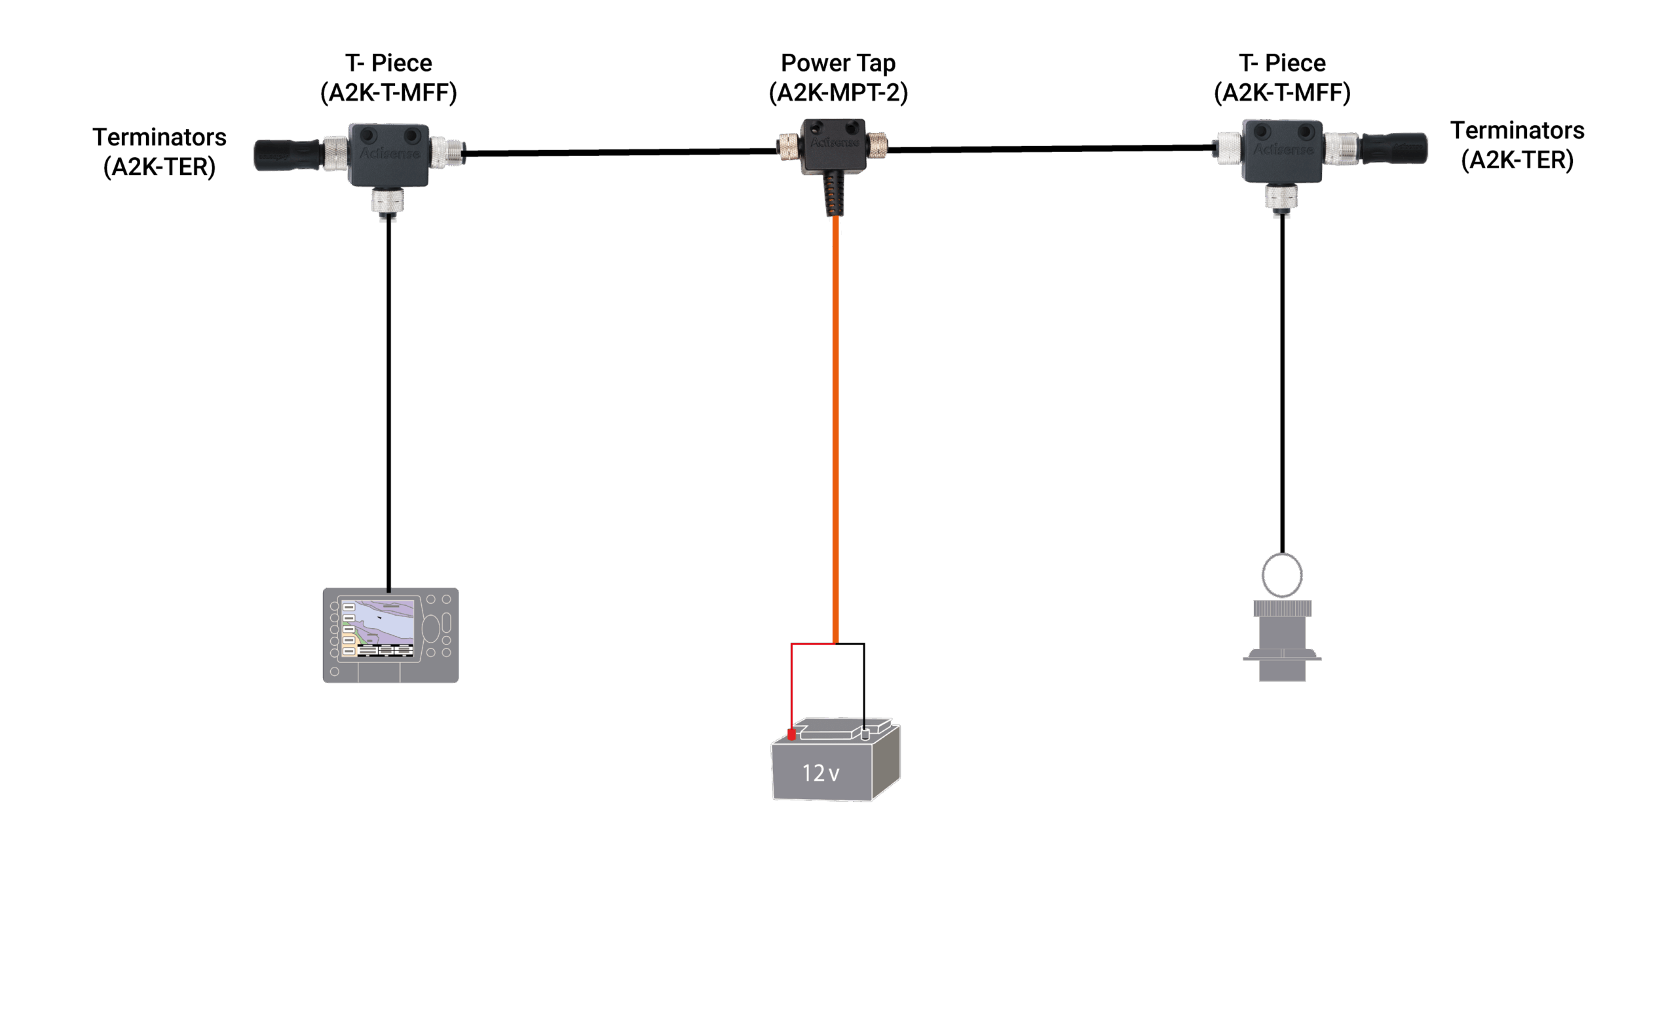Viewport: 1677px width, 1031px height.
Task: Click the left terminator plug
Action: (x=286, y=155)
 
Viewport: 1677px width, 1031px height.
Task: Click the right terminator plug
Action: (x=1394, y=148)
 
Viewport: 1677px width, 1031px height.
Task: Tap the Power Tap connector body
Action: (x=833, y=145)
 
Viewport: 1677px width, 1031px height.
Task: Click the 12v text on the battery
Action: (x=820, y=773)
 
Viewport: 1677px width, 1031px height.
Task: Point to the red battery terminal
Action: (x=791, y=734)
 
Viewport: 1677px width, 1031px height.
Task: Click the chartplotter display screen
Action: (x=377, y=628)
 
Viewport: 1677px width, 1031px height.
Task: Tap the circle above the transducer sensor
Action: (x=1281, y=575)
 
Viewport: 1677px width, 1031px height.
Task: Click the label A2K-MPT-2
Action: (x=838, y=93)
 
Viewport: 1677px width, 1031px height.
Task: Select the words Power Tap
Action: (x=837, y=64)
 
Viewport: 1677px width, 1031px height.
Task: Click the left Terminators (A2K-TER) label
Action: (x=160, y=152)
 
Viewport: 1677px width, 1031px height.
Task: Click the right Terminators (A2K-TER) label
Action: (x=1517, y=145)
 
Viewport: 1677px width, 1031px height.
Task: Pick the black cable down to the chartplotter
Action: (x=388, y=402)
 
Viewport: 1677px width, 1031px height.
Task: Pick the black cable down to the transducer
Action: (x=1282, y=382)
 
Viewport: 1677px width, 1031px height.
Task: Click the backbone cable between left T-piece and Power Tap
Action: (x=620, y=152)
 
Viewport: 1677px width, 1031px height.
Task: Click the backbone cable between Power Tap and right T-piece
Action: (x=1050, y=148)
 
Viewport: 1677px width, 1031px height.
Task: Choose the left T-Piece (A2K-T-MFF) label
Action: (x=388, y=78)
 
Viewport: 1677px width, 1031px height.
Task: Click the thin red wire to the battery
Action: (x=792, y=682)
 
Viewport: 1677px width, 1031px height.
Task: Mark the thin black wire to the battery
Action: (x=864, y=682)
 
